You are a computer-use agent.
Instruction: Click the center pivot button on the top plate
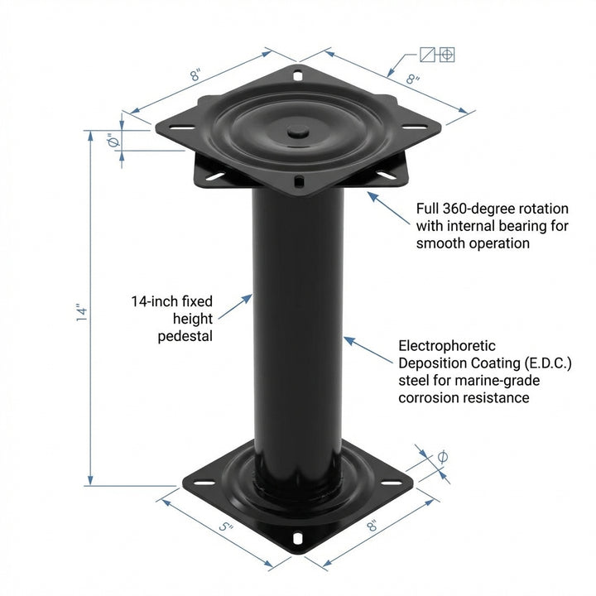(x=297, y=131)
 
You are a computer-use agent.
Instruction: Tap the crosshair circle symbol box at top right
(x=447, y=55)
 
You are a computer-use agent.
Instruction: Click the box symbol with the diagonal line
(x=428, y=55)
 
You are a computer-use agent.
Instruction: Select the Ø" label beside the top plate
(x=115, y=142)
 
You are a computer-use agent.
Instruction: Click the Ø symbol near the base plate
(x=442, y=457)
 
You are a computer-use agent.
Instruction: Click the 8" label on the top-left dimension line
(x=195, y=74)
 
